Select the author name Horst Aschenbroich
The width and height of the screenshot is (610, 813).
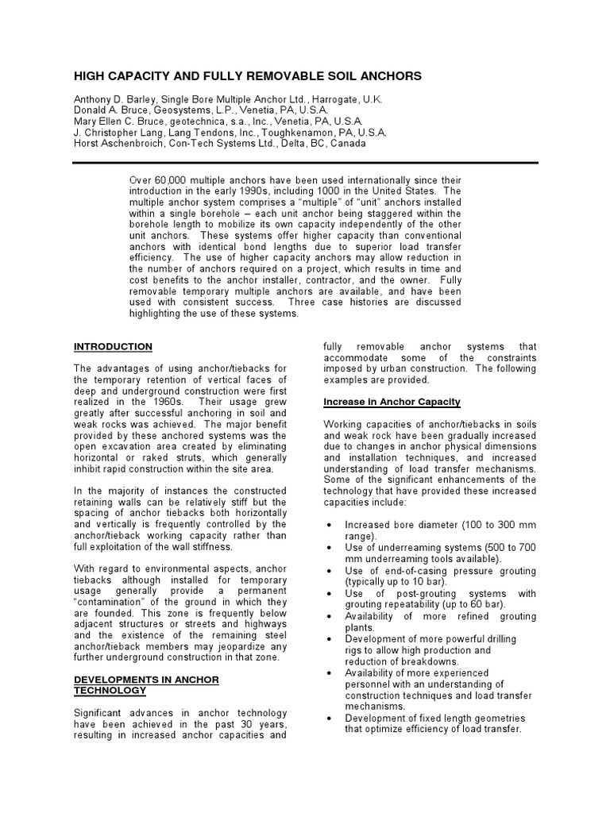(x=116, y=144)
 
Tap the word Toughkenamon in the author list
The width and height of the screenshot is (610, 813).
(x=307, y=133)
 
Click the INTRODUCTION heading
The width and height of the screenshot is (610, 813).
(x=114, y=347)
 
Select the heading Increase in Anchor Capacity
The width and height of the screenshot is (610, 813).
(x=392, y=403)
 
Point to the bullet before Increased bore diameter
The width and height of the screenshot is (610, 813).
(x=329, y=526)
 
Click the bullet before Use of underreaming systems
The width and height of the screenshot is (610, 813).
(x=329, y=548)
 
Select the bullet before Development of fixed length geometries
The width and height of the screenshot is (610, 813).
(x=329, y=719)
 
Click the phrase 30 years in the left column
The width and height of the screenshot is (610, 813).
(x=262, y=725)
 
